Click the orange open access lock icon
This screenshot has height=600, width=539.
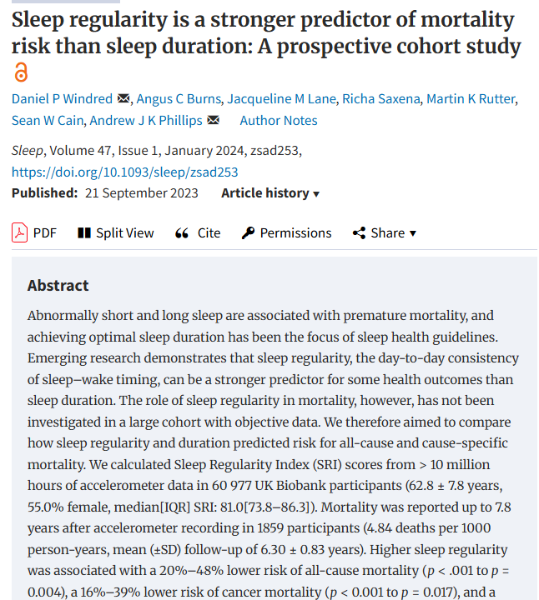(x=21, y=72)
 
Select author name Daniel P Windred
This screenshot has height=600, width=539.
(x=62, y=98)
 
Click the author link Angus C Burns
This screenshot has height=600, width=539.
(x=179, y=98)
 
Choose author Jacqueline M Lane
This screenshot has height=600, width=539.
(x=281, y=98)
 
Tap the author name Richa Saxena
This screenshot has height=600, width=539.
(x=381, y=98)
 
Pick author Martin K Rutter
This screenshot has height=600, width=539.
(x=471, y=98)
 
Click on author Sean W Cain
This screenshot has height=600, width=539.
(x=48, y=121)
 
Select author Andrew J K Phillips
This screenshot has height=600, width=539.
(x=146, y=121)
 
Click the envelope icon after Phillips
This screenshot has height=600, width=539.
(x=214, y=120)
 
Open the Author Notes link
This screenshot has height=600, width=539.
(x=279, y=121)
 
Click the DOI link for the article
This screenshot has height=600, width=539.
(x=125, y=172)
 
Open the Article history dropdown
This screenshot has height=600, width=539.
(x=270, y=193)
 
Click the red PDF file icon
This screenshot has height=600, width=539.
(x=19, y=232)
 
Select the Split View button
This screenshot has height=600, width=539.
(x=116, y=233)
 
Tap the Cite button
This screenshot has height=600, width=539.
(x=198, y=233)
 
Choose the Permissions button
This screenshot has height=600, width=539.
(x=286, y=233)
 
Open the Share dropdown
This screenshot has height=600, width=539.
(x=385, y=233)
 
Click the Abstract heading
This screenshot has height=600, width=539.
(x=58, y=286)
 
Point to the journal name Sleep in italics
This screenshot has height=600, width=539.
(x=28, y=151)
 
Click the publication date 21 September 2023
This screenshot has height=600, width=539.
(x=141, y=193)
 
